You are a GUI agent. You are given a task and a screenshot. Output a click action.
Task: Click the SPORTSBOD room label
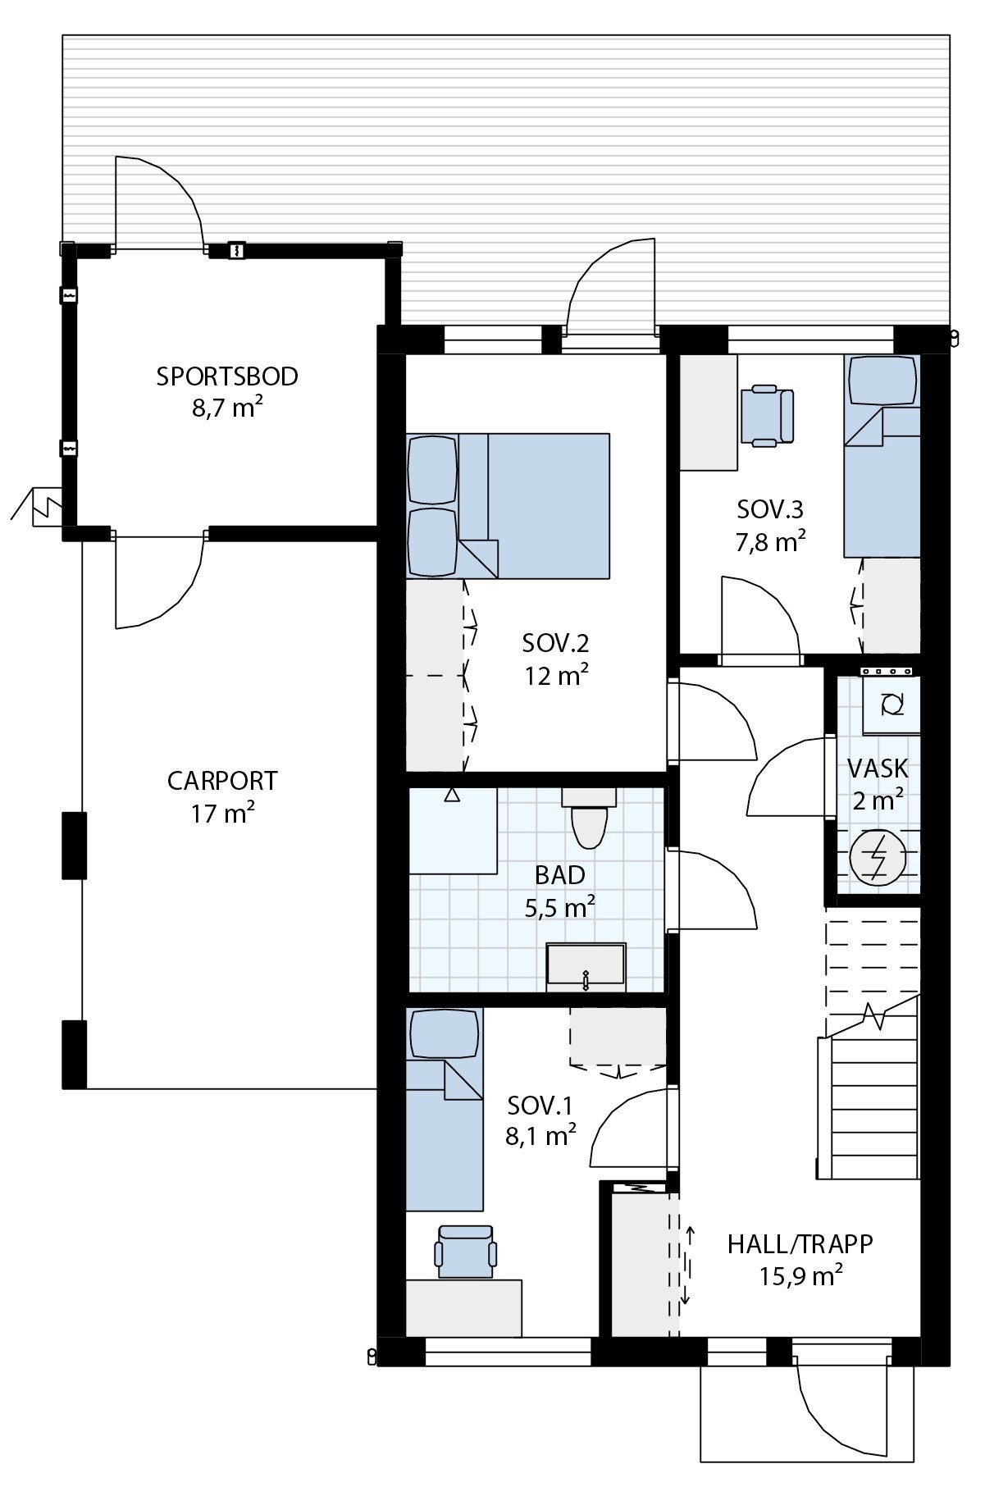click(x=227, y=377)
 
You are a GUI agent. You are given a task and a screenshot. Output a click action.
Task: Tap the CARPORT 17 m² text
click(x=222, y=796)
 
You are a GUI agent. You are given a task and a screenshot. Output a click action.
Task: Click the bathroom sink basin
click(x=586, y=968)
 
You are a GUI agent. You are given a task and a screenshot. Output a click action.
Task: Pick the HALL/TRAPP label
click(x=800, y=1243)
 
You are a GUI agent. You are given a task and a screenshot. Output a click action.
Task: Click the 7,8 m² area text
click(x=770, y=542)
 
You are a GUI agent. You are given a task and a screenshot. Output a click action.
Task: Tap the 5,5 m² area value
click(x=559, y=907)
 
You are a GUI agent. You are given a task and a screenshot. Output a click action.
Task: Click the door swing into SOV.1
click(x=627, y=1128)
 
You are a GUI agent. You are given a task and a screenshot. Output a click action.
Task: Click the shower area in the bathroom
click(x=453, y=831)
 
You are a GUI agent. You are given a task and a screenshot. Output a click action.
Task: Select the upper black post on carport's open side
click(x=74, y=845)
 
